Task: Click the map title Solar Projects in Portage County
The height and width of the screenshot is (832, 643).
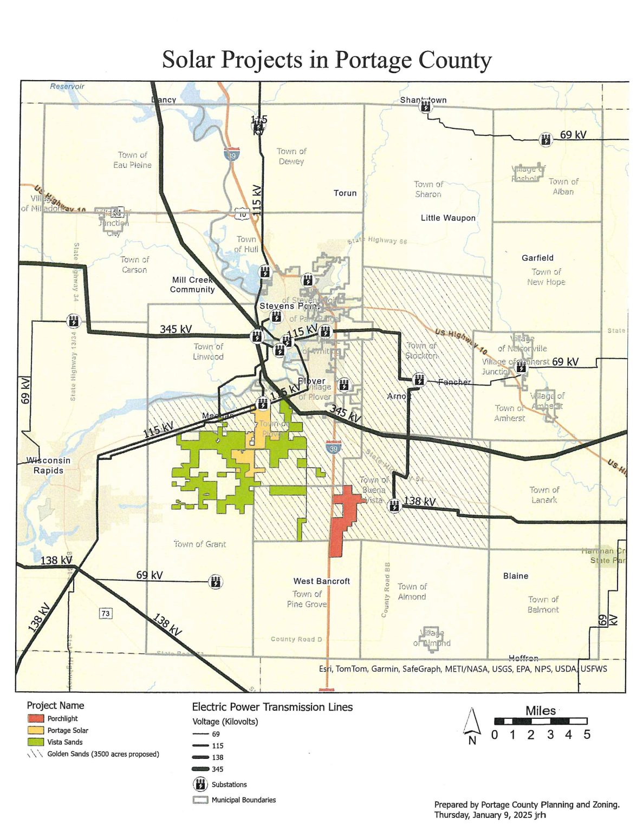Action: click(327, 60)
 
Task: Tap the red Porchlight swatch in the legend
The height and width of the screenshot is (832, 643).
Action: click(36, 718)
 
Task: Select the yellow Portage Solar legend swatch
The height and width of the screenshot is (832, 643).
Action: click(36, 730)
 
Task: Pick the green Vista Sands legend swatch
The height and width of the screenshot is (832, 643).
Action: click(36, 742)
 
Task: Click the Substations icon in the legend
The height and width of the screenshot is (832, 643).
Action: click(200, 784)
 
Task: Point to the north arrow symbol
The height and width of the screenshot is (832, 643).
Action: click(472, 724)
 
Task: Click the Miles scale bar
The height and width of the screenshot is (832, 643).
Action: click(540, 721)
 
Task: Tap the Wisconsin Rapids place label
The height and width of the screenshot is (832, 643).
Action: click(48, 465)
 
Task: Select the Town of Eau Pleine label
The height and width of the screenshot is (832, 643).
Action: click(133, 160)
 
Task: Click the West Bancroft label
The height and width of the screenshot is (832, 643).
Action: click(322, 581)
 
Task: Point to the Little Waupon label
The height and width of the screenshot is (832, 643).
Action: click(448, 218)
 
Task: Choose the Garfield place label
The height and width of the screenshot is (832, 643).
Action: click(537, 258)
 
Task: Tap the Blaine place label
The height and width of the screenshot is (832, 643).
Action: click(516, 576)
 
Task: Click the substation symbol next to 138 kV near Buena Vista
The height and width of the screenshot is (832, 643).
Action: click(394, 505)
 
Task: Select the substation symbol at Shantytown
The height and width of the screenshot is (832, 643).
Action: click(426, 106)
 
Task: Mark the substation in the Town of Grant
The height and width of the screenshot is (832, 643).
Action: click(216, 582)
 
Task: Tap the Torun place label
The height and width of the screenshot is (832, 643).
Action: click(345, 193)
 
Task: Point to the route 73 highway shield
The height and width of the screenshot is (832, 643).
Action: click(106, 613)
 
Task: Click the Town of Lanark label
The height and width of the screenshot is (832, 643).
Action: click(544, 495)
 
